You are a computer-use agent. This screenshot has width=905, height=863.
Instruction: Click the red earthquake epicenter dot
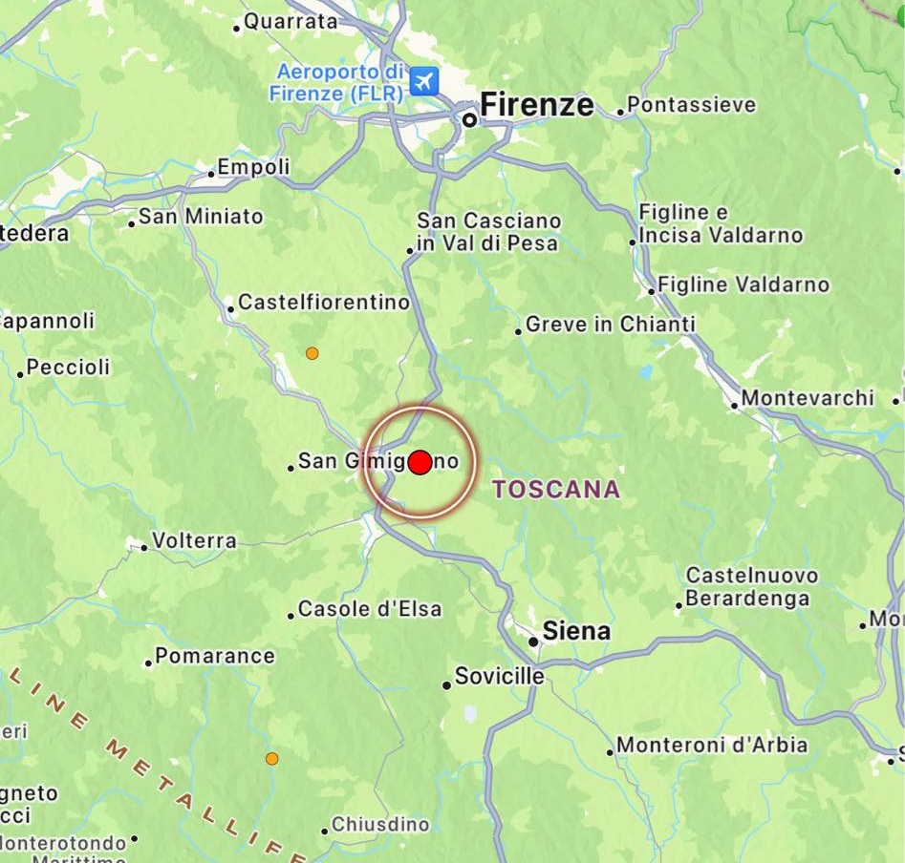tap(420, 462)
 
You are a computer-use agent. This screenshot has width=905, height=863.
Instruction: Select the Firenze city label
tap(536, 105)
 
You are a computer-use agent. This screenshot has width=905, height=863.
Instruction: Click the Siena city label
tap(576, 631)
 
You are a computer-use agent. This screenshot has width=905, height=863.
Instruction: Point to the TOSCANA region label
tap(555, 490)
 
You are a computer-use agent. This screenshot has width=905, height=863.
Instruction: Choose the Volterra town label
tap(194, 541)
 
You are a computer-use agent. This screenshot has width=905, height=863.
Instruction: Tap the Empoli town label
tap(253, 167)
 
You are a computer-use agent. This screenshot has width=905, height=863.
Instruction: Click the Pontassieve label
tap(691, 105)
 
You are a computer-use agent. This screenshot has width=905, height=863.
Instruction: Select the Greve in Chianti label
tap(611, 325)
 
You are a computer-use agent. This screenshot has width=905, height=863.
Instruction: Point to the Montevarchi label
tap(808, 397)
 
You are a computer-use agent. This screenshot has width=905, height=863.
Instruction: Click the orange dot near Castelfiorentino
tap(312, 353)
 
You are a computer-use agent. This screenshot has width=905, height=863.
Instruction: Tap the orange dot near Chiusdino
tap(272, 759)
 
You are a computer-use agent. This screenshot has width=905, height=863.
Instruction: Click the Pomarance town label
tap(215, 656)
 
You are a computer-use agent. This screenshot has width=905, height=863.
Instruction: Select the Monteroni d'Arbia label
tap(712, 745)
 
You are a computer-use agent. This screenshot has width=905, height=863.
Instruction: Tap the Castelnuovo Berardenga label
tap(752, 587)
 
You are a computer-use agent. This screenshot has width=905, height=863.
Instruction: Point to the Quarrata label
tap(291, 21)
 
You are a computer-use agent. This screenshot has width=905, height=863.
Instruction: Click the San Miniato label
tap(201, 217)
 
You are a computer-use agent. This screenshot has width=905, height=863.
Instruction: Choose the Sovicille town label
tap(499, 677)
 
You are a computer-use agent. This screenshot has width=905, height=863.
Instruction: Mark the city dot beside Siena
tap(533, 642)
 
